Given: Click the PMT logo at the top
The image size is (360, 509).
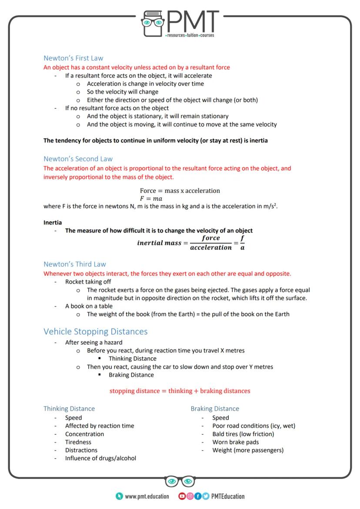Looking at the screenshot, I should [180, 24].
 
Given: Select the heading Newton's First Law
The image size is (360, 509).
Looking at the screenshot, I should [73, 58].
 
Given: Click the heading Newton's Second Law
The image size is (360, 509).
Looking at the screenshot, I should [78, 159].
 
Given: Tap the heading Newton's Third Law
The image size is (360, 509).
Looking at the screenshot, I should [74, 264].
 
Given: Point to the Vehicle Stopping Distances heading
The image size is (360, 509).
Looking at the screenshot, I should [95, 332].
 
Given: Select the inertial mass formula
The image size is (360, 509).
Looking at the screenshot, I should [190, 243].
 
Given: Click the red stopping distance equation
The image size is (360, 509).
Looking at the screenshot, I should [180, 391].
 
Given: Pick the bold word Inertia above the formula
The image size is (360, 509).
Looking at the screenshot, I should [53, 222].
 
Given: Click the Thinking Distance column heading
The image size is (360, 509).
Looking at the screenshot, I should [69, 409].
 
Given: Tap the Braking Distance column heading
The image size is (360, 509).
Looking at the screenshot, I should [215, 409].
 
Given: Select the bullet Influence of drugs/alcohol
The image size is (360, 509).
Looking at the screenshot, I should [100, 458].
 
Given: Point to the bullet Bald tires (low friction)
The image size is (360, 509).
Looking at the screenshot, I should [243, 434].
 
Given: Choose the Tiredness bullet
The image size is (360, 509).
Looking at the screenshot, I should [78, 442].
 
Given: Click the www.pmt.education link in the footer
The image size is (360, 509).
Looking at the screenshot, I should [147, 496].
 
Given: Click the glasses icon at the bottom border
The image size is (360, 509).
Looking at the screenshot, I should [180, 482].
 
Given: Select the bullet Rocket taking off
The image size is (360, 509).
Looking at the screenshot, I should [88, 282].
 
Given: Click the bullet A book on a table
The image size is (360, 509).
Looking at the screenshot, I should [89, 306].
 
